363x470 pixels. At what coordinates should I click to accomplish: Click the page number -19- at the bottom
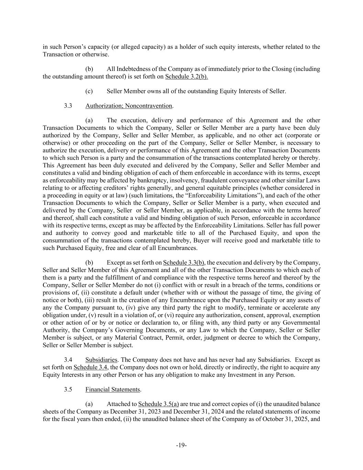tap(181, 445)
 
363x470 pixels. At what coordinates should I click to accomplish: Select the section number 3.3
tap(68, 106)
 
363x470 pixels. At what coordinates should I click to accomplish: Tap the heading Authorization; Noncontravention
tap(129, 106)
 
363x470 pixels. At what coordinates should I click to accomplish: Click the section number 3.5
tap(68, 389)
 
